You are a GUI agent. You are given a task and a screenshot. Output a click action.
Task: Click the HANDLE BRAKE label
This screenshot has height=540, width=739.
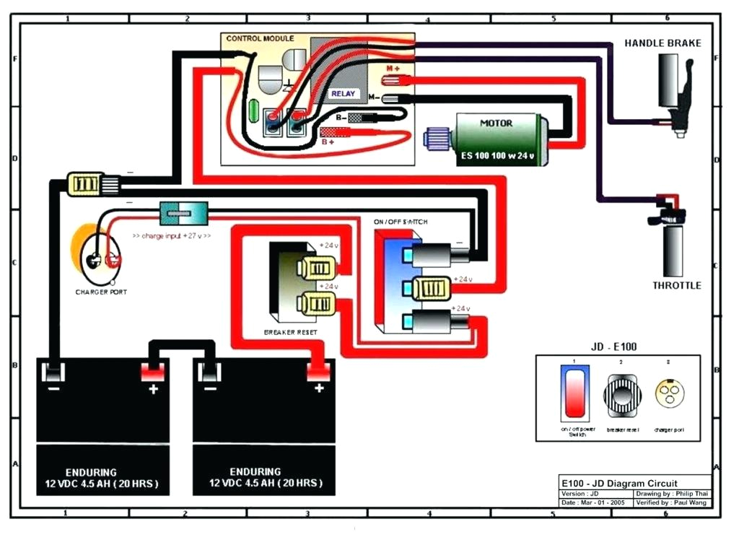(x=663, y=43)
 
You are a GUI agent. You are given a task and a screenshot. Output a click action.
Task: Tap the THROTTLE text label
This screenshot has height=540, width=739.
(x=676, y=285)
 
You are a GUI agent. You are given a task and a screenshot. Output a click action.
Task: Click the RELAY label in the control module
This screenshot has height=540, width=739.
(x=344, y=94)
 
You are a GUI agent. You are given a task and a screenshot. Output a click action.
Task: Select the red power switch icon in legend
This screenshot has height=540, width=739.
(x=575, y=391)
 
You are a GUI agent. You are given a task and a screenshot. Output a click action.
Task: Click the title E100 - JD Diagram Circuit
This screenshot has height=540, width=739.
(x=619, y=484)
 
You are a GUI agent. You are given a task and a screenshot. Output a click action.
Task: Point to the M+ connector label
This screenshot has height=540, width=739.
(x=393, y=68)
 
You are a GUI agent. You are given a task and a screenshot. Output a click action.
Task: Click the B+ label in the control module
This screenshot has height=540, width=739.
(x=328, y=142)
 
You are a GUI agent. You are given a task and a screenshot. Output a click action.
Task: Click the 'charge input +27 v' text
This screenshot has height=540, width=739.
(x=171, y=235)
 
